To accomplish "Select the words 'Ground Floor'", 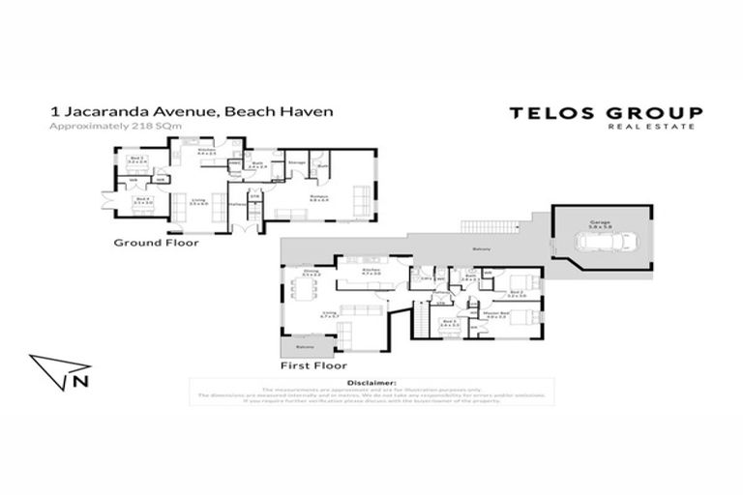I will (157, 243).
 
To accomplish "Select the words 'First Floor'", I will (312, 367).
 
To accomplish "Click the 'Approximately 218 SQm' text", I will (115, 127).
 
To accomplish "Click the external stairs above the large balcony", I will (491, 225).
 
